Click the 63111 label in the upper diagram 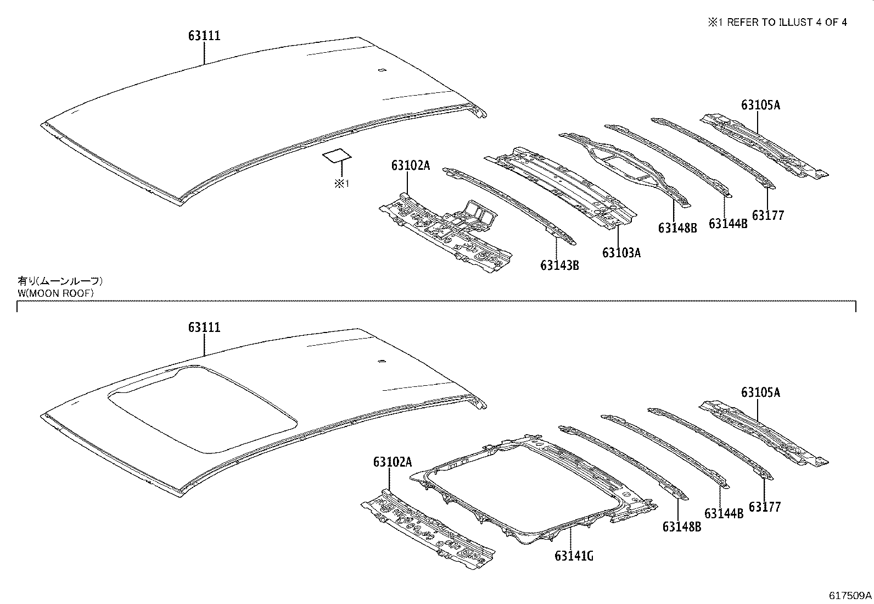(x=204, y=36)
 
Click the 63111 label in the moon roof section (x=204, y=328)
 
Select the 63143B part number (x=559, y=265)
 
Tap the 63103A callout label (x=621, y=253)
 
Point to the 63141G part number (x=574, y=556)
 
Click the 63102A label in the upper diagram (x=411, y=165)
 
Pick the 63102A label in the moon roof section (x=393, y=462)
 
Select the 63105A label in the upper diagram (x=760, y=105)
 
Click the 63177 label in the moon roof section (x=765, y=507)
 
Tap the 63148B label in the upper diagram (x=677, y=228)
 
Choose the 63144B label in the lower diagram (x=724, y=514)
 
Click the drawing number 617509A (x=850, y=595)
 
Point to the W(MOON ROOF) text (x=55, y=293)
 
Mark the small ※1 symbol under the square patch (x=341, y=184)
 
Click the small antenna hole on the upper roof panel (x=382, y=70)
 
